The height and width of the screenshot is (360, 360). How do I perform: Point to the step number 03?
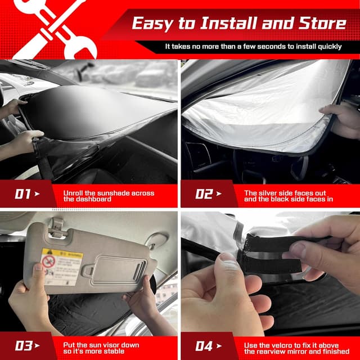[23, 345]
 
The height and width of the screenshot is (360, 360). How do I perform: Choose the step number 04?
[204, 345]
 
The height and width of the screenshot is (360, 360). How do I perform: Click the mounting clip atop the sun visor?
[56, 225]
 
